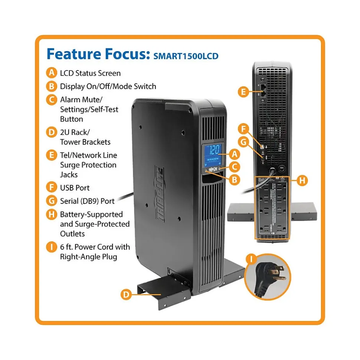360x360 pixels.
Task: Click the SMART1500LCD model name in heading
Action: pos(186,56)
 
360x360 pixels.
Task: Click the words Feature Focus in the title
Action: pos(96,54)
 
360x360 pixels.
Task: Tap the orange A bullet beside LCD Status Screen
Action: pos(51,73)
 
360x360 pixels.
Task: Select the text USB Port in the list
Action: pos(75,188)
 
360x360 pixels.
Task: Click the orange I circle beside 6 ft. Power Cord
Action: pos(51,247)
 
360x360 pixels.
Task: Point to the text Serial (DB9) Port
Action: pos(87,201)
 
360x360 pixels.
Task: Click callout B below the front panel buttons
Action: pos(234,180)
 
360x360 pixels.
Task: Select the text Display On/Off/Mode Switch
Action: pos(108,86)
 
